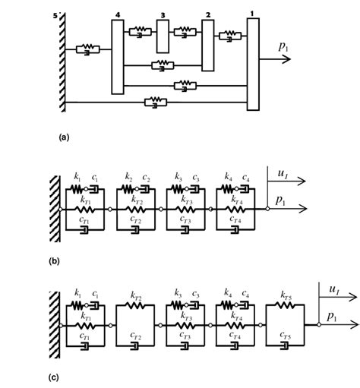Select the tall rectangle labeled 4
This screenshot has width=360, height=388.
pyautogui.click(x=117, y=57)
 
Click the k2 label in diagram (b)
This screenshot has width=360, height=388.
pyautogui.click(x=128, y=177)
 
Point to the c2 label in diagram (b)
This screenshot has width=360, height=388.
pyautogui.click(x=147, y=177)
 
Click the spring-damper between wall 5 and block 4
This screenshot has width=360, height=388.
pyautogui.click(x=90, y=50)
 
